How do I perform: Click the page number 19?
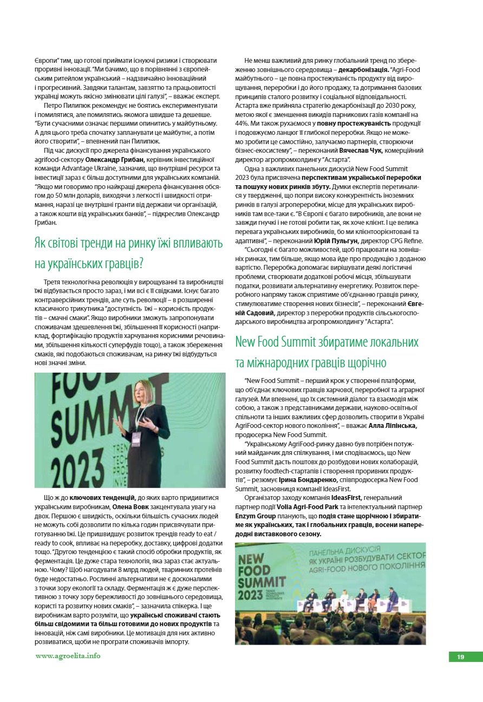pos(460,657)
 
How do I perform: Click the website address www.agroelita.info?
pos(68,656)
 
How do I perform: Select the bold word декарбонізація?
pos(363,69)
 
